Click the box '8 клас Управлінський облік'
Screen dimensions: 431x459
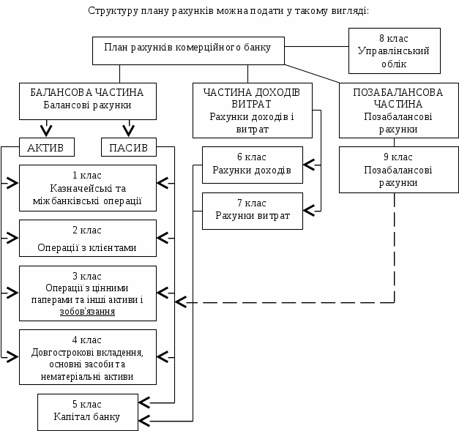394,50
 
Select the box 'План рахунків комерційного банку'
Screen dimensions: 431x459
187,49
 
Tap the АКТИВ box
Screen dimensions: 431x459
45,148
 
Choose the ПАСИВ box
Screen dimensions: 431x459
128,148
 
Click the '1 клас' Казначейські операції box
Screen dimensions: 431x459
87,188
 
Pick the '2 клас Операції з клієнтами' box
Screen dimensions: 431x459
87,238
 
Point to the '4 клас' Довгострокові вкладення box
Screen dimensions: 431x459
87,356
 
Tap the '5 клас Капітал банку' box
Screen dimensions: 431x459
87,411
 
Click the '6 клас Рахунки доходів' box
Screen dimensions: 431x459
252,164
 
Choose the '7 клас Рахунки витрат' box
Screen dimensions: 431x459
252,210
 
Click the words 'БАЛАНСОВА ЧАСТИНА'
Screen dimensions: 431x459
87,93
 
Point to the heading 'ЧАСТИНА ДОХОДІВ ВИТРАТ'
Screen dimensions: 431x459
252,98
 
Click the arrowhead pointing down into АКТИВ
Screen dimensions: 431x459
45,132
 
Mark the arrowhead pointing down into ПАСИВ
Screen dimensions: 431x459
128,132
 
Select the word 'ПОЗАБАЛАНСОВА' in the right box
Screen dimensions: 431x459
398,93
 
